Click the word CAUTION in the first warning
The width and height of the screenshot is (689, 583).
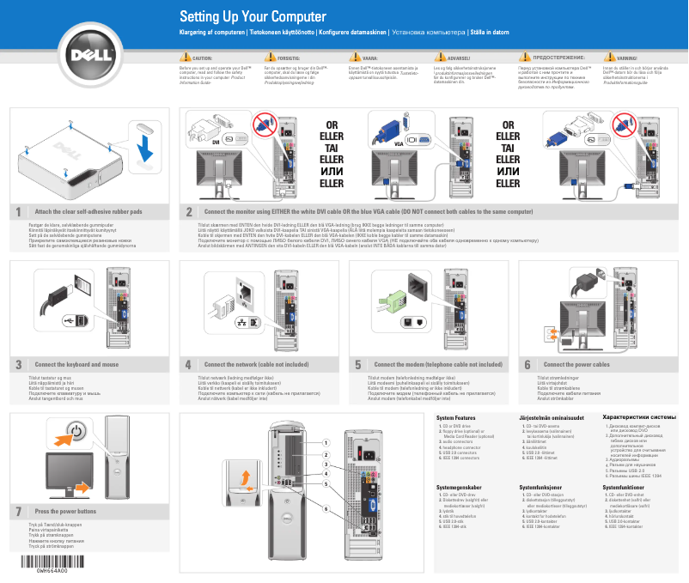point(203,58)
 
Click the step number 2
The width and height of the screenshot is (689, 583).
point(189,210)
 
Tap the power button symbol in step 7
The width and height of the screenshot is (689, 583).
point(76,432)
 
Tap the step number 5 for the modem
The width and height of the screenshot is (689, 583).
point(358,364)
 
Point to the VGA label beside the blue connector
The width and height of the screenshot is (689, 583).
point(399,143)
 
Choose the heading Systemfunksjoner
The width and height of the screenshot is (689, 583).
point(546,487)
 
